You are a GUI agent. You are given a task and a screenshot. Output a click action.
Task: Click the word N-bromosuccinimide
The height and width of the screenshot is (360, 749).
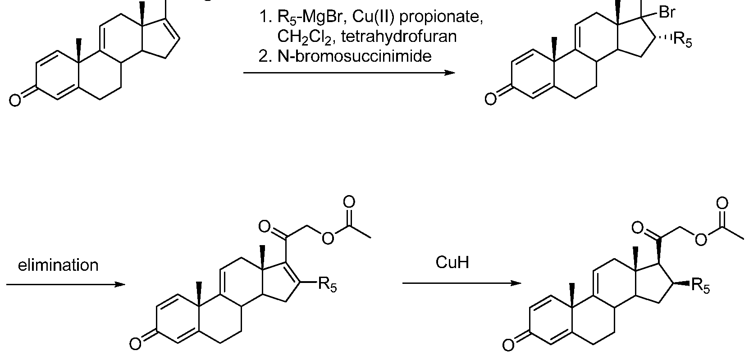click(x=354, y=56)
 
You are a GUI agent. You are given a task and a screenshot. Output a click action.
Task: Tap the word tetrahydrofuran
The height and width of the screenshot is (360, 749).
click(x=399, y=36)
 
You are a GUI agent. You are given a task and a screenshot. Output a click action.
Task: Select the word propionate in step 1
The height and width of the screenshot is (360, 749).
click(x=441, y=17)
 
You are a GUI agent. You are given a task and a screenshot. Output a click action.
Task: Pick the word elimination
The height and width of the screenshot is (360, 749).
click(x=58, y=265)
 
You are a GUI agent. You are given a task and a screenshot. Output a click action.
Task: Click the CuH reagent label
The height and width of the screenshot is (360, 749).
click(x=452, y=262)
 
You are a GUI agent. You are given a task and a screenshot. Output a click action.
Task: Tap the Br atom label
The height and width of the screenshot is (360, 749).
click(x=667, y=13)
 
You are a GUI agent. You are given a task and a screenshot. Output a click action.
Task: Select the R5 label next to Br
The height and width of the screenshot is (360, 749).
click(x=682, y=40)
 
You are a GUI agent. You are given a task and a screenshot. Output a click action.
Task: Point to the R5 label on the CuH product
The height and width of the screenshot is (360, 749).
click(x=700, y=286)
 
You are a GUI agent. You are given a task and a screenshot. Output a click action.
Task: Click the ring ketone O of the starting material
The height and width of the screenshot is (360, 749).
click(x=15, y=100)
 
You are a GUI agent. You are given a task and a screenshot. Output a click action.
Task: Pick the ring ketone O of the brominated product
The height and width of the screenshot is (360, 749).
click(x=490, y=99)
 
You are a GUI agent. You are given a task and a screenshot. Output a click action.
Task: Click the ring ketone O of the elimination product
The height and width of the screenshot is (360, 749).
click(x=135, y=344)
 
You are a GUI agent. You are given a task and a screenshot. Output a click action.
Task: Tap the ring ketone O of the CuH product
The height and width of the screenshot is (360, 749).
click(x=508, y=345)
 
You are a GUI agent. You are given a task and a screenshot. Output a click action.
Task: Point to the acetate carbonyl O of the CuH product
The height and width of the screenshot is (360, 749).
click(x=722, y=203)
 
